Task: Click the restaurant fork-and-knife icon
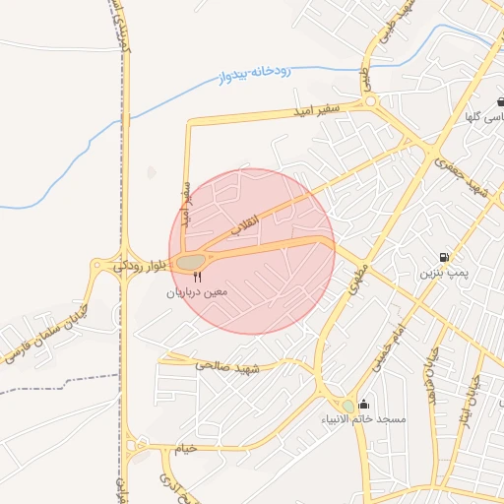coord(197,279)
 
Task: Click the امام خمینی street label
coord(386,346)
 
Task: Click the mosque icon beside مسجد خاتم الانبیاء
coord(364,404)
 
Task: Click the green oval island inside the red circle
coord(191,261)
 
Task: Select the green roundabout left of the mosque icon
coord(347,406)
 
